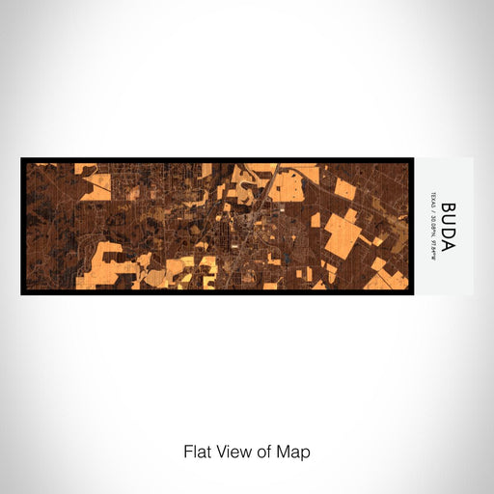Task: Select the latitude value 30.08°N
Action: [x=436, y=223]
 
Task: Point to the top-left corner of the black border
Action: [x=21, y=158]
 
